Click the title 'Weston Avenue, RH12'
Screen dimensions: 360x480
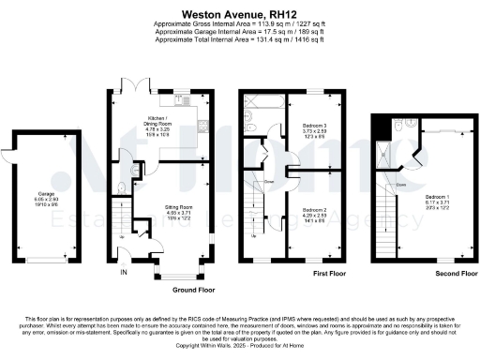click(x=239, y=15)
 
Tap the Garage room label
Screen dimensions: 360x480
click(x=47, y=201)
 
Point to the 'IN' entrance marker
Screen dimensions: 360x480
click(x=123, y=273)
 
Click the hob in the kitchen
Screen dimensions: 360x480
click(x=201, y=121)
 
